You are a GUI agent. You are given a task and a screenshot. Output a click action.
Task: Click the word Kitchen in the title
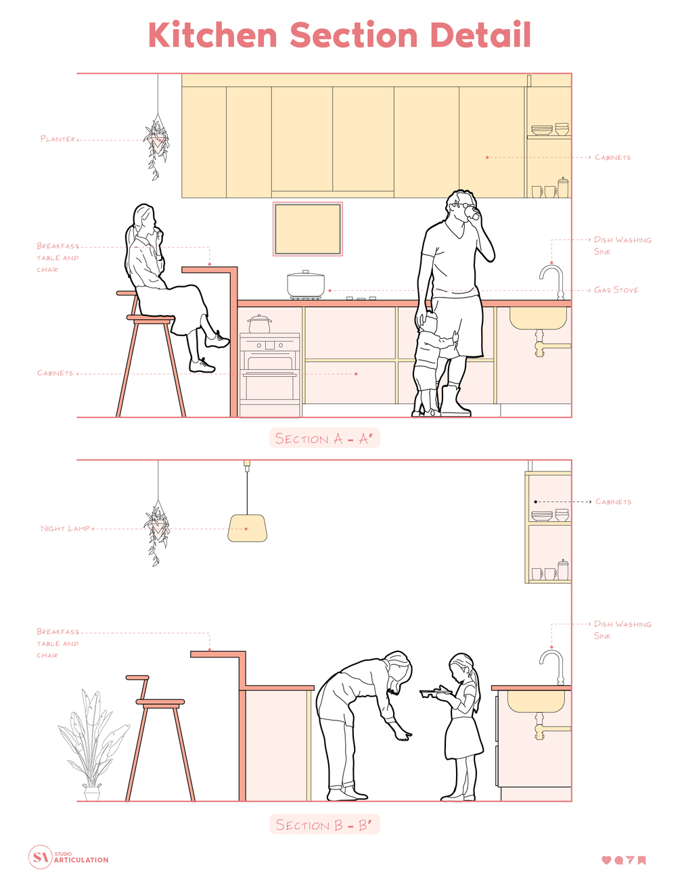[x=212, y=34]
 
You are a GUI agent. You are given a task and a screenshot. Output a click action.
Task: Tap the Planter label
[x=58, y=139]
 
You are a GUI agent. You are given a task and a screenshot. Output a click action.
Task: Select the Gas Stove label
[x=616, y=290]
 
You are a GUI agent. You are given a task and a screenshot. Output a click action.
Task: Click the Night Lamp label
[x=65, y=528]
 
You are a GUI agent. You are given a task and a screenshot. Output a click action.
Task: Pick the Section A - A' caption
[x=325, y=438]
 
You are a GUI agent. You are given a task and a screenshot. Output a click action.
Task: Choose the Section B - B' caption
[x=325, y=825]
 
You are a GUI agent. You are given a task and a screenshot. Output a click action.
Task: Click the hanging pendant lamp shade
[x=247, y=528]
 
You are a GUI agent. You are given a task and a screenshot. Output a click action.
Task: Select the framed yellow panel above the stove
[x=307, y=229]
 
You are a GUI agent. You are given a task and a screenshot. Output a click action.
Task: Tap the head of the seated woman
[x=145, y=219]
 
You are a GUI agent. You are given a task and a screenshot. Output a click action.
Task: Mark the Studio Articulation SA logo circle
[x=40, y=857]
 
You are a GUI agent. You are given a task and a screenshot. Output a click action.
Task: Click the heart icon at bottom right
[x=606, y=860]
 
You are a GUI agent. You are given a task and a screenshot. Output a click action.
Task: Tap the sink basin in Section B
[x=536, y=701]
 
